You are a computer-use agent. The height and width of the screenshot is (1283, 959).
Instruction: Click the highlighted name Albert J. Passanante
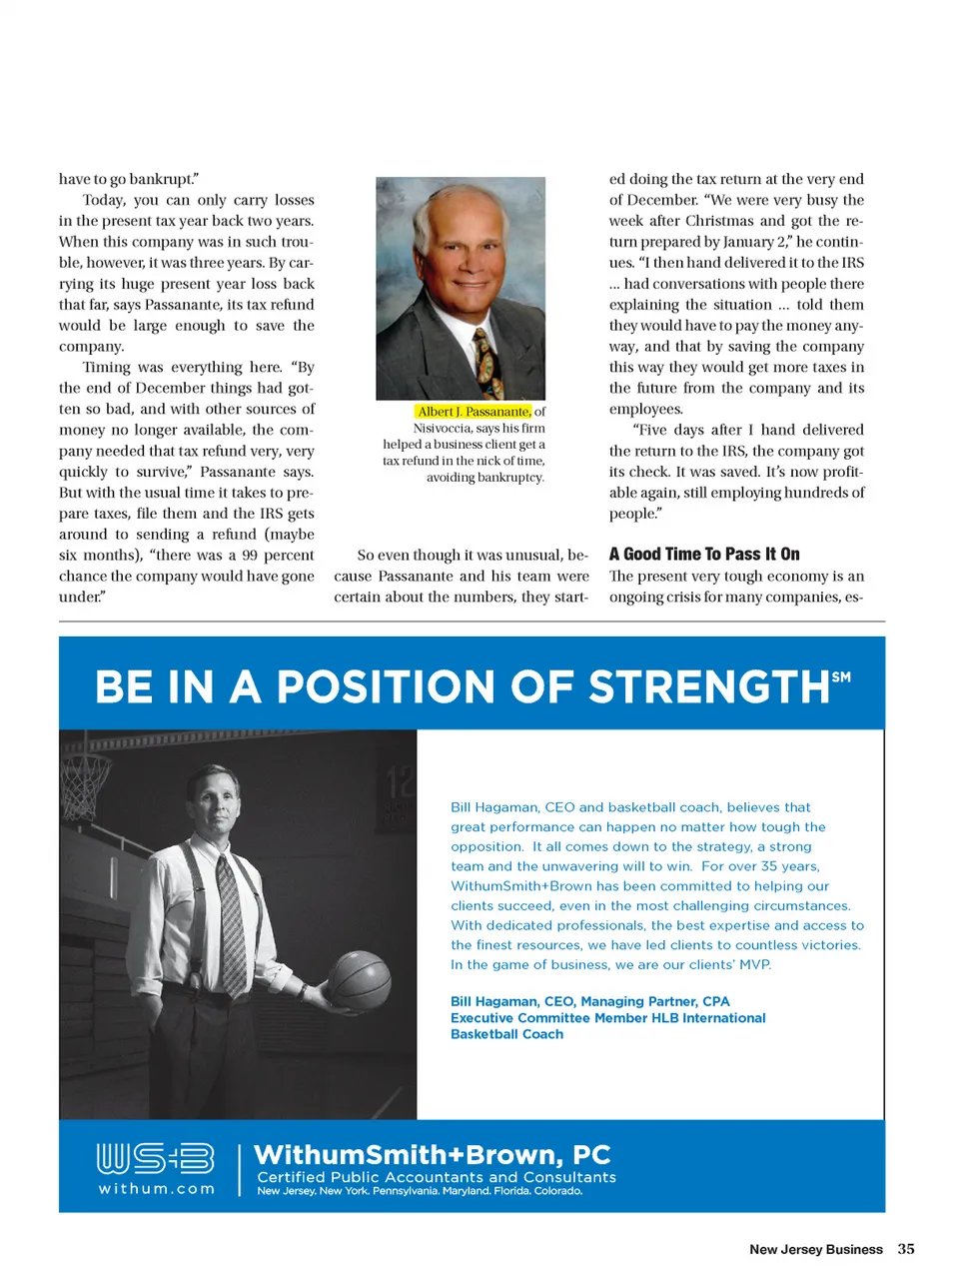pos(474,412)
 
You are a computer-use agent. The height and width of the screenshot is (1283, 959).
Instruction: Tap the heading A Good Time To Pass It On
pos(704,555)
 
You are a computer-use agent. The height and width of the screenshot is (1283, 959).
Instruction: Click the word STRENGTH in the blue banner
pos(708,687)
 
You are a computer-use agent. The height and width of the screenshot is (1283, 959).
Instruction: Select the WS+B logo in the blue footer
pos(155,1158)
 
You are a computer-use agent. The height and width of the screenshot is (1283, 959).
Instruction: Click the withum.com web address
pos(156,1189)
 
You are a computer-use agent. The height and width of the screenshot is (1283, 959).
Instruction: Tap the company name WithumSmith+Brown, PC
pos(432,1155)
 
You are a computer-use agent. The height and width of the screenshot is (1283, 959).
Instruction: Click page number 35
pos(906,1249)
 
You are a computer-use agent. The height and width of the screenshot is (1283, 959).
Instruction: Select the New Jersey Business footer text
pos(816,1249)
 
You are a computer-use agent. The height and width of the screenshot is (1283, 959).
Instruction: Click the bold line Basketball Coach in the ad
pos(506,1034)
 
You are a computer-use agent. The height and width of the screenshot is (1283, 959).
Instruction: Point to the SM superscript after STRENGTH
pos(841,676)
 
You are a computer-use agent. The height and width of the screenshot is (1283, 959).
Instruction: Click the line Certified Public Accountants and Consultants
pos(437,1177)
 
